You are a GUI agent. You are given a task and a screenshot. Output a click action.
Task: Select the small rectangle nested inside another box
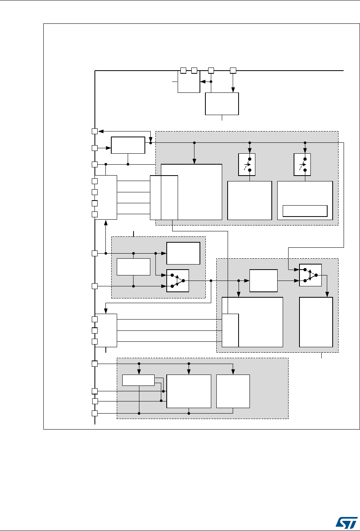point(305,210)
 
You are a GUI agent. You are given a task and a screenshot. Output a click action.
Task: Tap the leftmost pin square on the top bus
point(183,70)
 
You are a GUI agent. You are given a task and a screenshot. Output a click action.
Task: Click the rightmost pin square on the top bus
point(233,71)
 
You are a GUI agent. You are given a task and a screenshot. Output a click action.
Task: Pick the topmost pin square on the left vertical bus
point(94,131)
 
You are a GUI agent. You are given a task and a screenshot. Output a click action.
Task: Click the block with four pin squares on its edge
point(106,197)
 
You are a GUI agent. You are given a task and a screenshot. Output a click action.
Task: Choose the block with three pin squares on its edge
point(106,330)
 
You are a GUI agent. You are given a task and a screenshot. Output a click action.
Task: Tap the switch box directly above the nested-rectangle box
point(302,165)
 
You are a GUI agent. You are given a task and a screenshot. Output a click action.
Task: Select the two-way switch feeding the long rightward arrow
point(178,280)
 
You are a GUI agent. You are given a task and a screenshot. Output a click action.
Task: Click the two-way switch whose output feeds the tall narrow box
point(310,275)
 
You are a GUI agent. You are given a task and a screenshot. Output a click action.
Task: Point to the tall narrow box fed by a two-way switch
point(316,322)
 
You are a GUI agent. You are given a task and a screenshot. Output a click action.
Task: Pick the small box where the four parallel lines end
point(156,197)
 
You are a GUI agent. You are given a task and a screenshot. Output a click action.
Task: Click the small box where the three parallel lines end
point(230,330)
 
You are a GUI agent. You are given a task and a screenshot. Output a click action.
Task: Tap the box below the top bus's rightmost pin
point(222,103)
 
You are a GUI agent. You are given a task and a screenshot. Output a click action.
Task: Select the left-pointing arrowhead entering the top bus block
point(202,82)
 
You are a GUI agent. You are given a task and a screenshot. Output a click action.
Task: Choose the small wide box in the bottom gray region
point(138,380)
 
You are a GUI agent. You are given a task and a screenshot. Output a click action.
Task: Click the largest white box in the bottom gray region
point(189,391)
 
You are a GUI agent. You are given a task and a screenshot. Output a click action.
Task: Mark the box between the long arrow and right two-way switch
point(264,281)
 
